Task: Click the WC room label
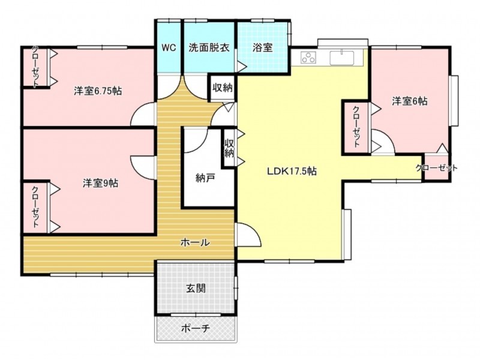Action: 169,48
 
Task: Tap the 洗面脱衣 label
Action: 209,48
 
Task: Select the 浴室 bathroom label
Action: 263,48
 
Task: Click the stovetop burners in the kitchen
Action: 308,57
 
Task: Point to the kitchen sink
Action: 342,58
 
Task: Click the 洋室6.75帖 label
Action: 98,91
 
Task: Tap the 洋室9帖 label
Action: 101,183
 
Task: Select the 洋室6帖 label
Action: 410,101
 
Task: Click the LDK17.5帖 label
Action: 292,171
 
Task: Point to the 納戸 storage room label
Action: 205,178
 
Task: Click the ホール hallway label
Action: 196,242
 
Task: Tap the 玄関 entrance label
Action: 196,289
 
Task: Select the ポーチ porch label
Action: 196,328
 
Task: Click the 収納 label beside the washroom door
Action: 223,88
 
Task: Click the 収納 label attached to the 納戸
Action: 229,148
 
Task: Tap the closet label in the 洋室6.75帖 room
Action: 35,67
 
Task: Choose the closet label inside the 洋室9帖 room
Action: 35,207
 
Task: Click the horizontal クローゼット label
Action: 437,168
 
